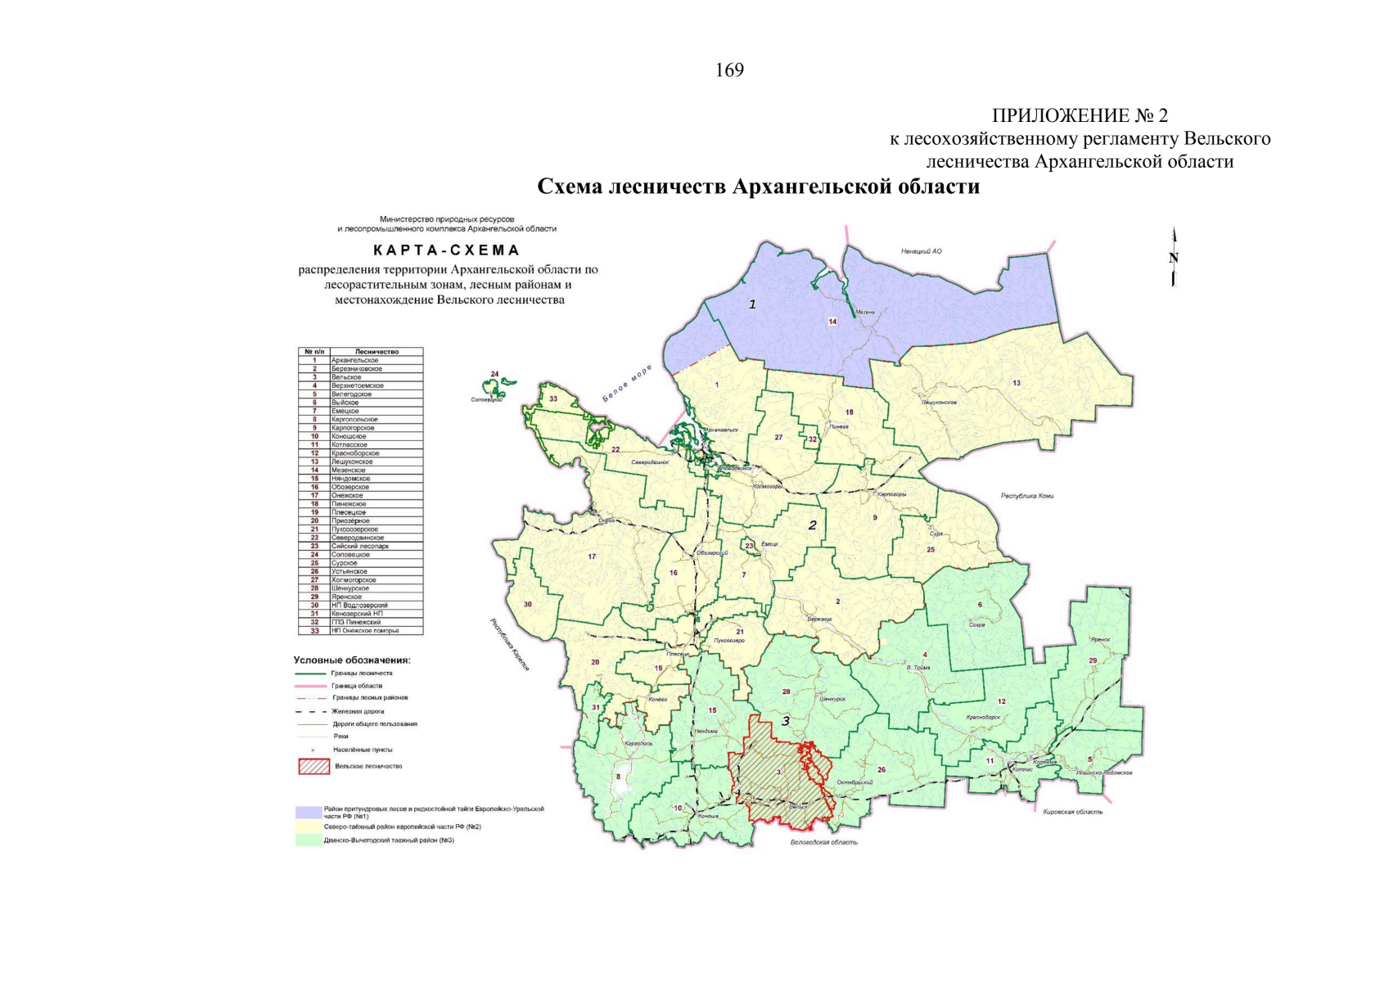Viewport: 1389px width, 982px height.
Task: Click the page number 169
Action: coord(729,70)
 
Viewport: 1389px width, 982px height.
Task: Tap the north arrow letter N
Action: coord(1174,258)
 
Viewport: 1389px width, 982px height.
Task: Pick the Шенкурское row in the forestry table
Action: coord(360,588)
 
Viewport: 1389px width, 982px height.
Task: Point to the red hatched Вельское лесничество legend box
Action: coord(314,767)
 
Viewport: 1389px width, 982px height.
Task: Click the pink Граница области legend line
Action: coord(311,686)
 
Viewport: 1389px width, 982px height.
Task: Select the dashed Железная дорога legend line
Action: coord(311,711)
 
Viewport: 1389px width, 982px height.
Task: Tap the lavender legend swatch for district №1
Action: coord(309,812)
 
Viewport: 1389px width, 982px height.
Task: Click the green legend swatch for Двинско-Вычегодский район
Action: coord(309,840)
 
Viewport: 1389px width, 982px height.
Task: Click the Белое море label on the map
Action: coord(627,384)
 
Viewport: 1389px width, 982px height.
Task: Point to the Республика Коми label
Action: coord(1026,496)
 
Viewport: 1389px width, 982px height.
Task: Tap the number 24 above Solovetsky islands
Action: coord(494,374)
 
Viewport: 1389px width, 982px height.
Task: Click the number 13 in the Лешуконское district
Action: coord(1017,383)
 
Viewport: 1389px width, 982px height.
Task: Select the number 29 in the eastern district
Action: coord(1093,660)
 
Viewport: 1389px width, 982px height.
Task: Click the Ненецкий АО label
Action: coord(921,251)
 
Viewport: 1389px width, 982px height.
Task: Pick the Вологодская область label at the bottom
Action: coord(823,842)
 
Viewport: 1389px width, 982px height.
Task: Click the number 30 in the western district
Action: coord(528,605)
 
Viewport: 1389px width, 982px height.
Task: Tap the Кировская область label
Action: coord(1073,812)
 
